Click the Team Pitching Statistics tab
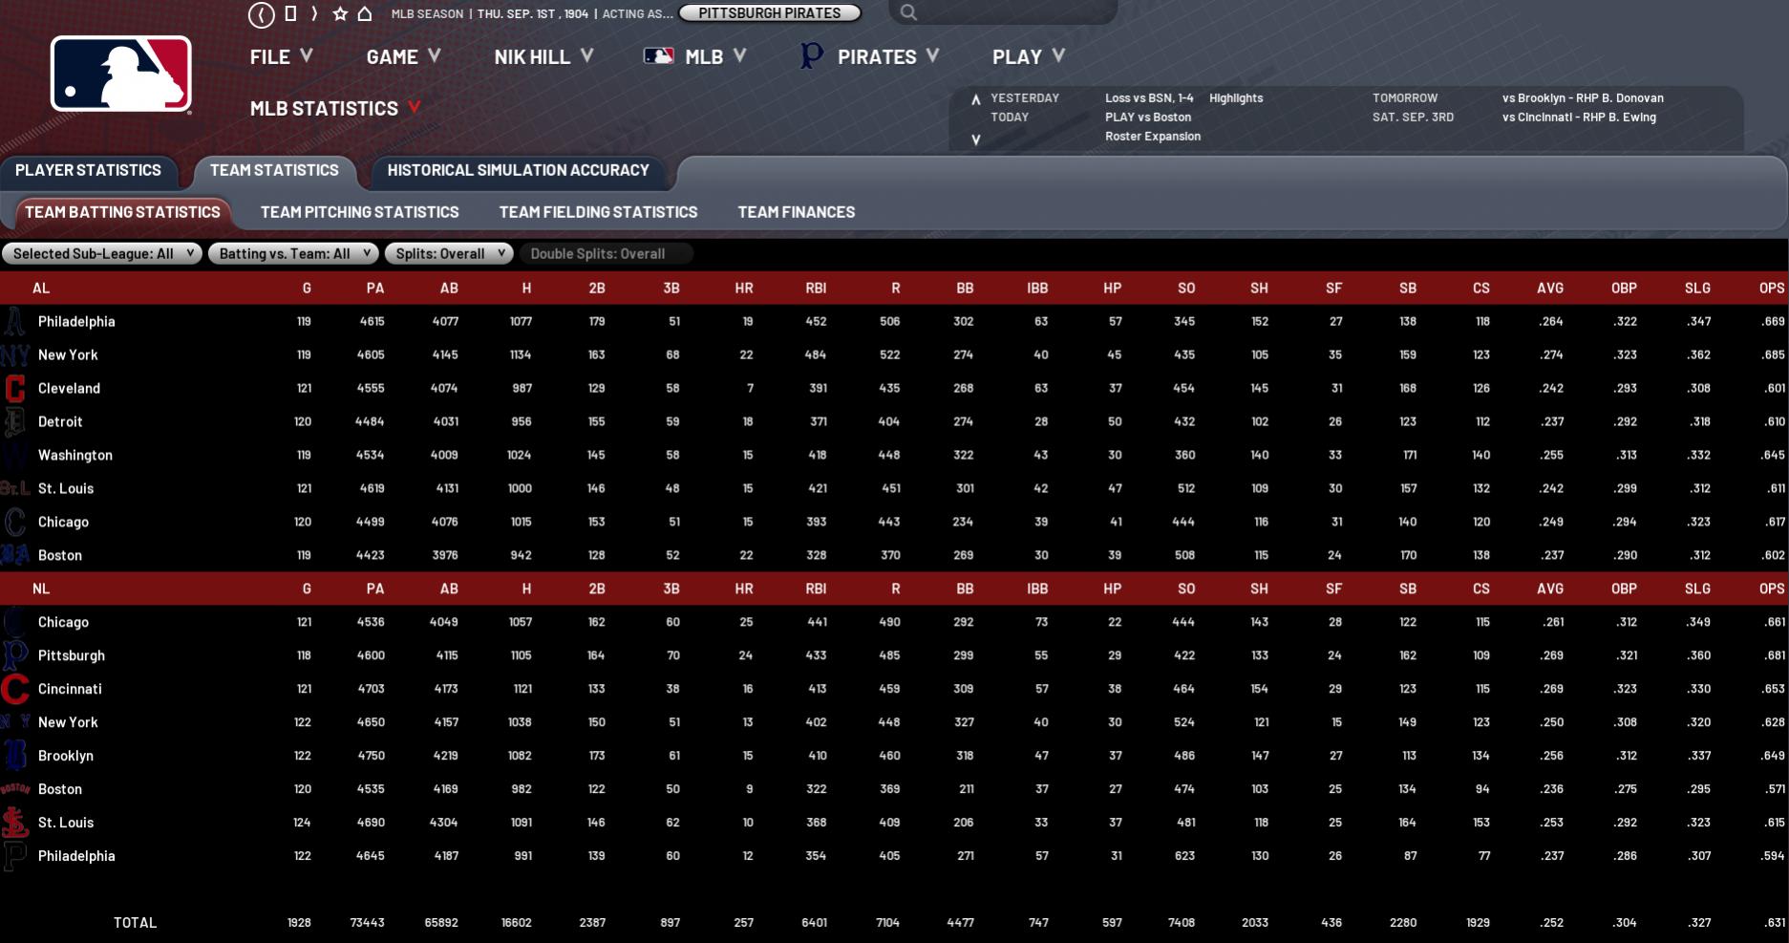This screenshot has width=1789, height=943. [x=359, y=212]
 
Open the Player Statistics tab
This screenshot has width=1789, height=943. [x=88, y=170]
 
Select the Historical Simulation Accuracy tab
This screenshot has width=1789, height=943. [x=518, y=170]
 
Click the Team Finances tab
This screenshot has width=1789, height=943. [x=796, y=212]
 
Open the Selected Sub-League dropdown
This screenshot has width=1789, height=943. [x=101, y=253]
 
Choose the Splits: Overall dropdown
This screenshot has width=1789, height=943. [x=449, y=253]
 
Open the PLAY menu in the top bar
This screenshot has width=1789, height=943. [x=1028, y=56]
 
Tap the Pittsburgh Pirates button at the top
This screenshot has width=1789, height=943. [x=769, y=13]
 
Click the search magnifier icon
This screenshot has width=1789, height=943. [x=908, y=12]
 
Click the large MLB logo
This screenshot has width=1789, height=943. [x=121, y=75]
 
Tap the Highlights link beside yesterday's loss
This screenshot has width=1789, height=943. [x=1235, y=97]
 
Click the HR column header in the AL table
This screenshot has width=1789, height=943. [x=743, y=288]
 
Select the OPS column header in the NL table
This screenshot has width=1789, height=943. [x=1771, y=589]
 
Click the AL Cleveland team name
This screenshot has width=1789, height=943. [x=69, y=388]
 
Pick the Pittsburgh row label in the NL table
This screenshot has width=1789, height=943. [x=71, y=655]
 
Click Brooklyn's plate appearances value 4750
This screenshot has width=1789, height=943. [x=371, y=756]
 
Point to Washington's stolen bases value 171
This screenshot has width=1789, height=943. [x=1409, y=455]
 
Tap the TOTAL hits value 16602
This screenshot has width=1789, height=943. [x=516, y=923]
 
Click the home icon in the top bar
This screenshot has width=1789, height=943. [x=365, y=13]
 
